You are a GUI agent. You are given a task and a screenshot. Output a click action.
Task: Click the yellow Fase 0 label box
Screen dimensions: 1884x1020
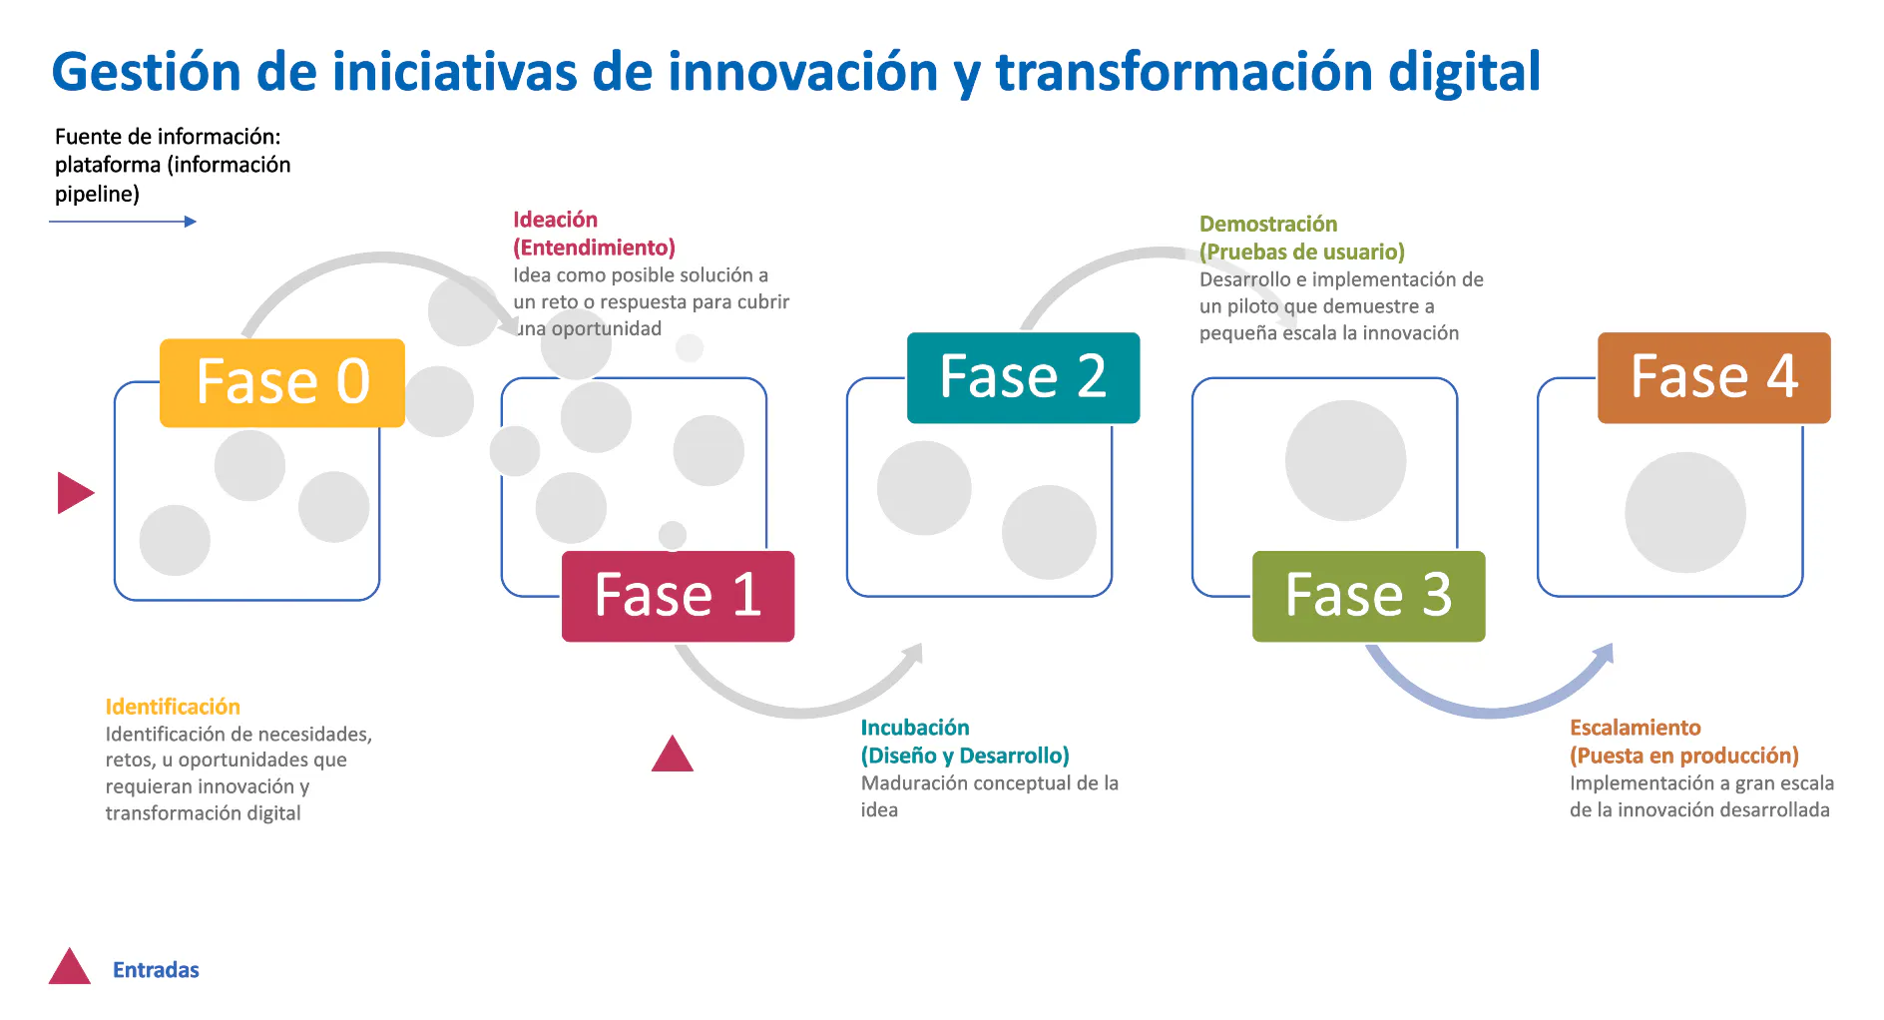(282, 383)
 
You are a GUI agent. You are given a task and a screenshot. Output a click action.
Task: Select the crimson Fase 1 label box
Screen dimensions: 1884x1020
(679, 596)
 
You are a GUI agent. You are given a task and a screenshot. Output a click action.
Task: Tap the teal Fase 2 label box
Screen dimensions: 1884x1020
(1023, 377)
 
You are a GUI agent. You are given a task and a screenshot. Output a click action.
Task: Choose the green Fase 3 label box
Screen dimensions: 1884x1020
(1368, 596)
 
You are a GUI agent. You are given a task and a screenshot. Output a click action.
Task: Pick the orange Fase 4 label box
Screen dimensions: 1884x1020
(1714, 377)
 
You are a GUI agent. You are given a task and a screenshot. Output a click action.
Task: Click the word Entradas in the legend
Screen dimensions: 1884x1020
(156, 970)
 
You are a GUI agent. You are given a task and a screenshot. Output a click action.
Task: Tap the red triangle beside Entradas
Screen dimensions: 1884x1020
(70, 966)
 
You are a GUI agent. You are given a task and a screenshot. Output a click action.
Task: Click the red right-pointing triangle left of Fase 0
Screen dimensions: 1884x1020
(76, 493)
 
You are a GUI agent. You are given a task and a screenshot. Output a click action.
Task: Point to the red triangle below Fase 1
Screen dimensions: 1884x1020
(673, 754)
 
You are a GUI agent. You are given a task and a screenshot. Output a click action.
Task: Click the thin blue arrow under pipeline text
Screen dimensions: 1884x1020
(123, 222)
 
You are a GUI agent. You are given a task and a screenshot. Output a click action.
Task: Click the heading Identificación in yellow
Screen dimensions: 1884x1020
(173, 707)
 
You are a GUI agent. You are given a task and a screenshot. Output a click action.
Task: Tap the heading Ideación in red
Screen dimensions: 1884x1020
(555, 220)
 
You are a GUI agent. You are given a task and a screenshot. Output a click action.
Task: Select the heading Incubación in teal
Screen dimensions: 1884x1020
(915, 728)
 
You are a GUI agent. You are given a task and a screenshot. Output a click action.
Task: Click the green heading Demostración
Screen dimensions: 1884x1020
(1268, 224)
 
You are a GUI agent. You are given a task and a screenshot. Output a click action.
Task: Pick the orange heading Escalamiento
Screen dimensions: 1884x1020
(1636, 728)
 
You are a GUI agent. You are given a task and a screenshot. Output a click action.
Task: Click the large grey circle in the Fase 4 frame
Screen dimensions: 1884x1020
(1685, 512)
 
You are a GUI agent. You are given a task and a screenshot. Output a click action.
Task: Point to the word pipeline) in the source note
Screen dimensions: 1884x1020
(97, 194)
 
